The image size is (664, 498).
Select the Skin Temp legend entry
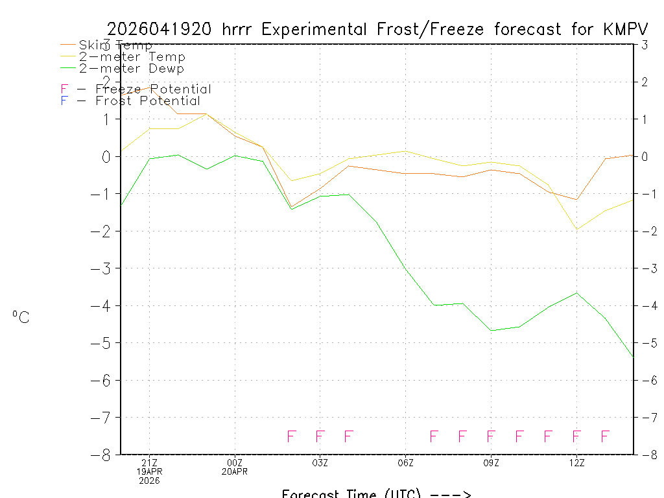click(x=115, y=45)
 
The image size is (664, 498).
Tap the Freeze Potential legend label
click(x=153, y=89)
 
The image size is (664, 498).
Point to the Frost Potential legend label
click(x=148, y=101)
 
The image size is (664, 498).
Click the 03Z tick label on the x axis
click(x=320, y=462)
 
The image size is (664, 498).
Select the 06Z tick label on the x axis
click(x=405, y=462)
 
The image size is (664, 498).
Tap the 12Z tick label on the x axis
click(x=576, y=462)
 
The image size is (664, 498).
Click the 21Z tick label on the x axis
click(x=149, y=462)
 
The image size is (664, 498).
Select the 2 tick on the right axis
click(x=645, y=82)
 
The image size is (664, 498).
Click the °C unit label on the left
click(x=21, y=317)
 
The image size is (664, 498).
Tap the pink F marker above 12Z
click(x=576, y=436)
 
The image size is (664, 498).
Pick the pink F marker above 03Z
click(x=320, y=436)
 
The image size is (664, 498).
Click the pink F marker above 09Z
click(x=491, y=436)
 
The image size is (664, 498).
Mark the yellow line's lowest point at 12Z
click(x=576, y=230)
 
